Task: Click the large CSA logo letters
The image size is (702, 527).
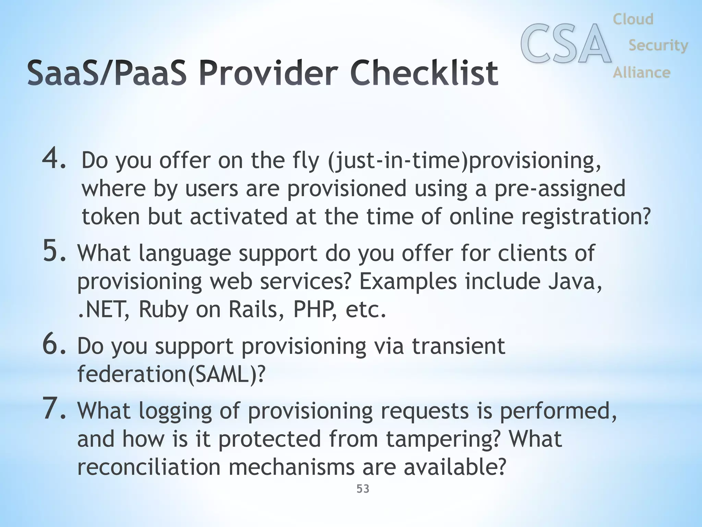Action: pyautogui.click(x=566, y=44)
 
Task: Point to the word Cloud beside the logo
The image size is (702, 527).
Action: pyautogui.click(x=633, y=19)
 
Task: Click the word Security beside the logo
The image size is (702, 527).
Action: pyautogui.click(x=658, y=45)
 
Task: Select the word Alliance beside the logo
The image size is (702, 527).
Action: pyautogui.click(x=641, y=72)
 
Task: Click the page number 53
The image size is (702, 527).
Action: pyautogui.click(x=363, y=489)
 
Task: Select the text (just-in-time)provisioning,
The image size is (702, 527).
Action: pyautogui.click(x=464, y=161)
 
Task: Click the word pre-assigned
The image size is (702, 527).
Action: pyautogui.click(x=559, y=189)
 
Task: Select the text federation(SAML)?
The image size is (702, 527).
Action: pyautogui.click(x=171, y=374)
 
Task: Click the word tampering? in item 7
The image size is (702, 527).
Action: pyautogui.click(x=443, y=438)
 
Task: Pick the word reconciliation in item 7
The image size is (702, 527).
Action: pyautogui.click(x=148, y=467)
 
